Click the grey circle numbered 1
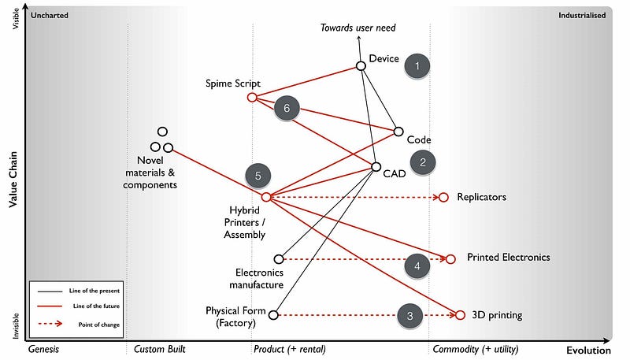417,66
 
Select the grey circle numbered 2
423,162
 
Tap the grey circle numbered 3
409,315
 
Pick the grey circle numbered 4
417,266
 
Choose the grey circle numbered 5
258,176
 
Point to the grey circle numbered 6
287,109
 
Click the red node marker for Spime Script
252,97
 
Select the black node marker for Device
361,65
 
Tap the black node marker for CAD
376,167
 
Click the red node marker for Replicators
443,197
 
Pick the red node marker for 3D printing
461,315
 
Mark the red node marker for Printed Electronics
450,258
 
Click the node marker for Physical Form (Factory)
273,315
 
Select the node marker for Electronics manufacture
278,258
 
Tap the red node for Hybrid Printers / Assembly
266,197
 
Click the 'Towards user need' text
358,28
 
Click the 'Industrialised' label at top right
581,14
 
